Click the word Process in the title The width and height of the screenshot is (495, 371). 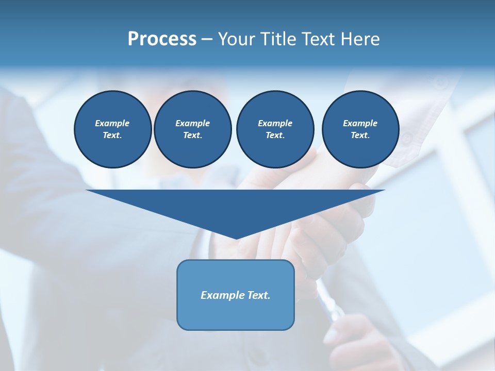(x=162, y=39)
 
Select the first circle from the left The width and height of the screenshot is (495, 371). (x=112, y=129)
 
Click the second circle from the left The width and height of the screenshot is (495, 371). (x=192, y=129)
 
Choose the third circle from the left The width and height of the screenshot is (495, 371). (x=275, y=129)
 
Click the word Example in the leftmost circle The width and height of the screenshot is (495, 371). (x=112, y=123)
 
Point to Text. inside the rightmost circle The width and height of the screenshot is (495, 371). (x=360, y=135)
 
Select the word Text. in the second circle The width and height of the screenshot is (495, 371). (x=192, y=135)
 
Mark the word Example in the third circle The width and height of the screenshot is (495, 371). (x=275, y=123)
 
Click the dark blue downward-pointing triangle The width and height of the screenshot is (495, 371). (x=236, y=206)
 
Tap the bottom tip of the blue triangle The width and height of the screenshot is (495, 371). (x=236, y=238)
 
